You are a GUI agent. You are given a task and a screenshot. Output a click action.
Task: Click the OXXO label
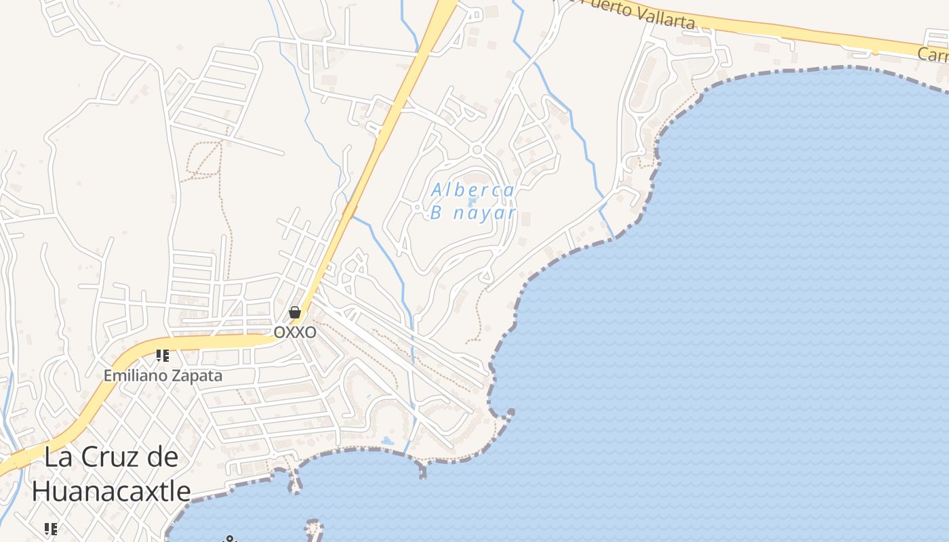(x=295, y=333)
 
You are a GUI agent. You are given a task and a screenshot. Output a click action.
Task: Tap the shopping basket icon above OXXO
(x=295, y=312)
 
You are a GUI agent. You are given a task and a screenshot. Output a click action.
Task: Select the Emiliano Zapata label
(x=163, y=375)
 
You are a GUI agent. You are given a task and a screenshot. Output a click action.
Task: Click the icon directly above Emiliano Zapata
(x=162, y=355)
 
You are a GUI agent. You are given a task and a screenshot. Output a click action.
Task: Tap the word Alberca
(x=473, y=190)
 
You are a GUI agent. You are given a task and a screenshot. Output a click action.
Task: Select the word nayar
(x=485, y=213)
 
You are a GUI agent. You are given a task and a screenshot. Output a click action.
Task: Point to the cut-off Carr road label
(x=933, y=54)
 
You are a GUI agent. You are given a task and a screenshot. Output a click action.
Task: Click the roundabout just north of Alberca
(x=477, y=149)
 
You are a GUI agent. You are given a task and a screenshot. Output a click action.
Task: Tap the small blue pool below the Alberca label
(x=472, y=201)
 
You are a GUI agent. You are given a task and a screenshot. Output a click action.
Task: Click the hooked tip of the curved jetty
(x=509, y=411)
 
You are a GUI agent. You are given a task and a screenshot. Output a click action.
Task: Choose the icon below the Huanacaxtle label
(x=50, y=528)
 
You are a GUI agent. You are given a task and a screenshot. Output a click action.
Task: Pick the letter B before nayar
(x=437, y=213)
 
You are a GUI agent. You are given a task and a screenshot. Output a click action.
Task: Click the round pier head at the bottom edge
(x=312, y=525)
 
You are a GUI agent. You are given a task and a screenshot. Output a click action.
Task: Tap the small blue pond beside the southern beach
(x=387, y=442)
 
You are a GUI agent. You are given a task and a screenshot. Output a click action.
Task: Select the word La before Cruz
(x=59, y=457)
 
